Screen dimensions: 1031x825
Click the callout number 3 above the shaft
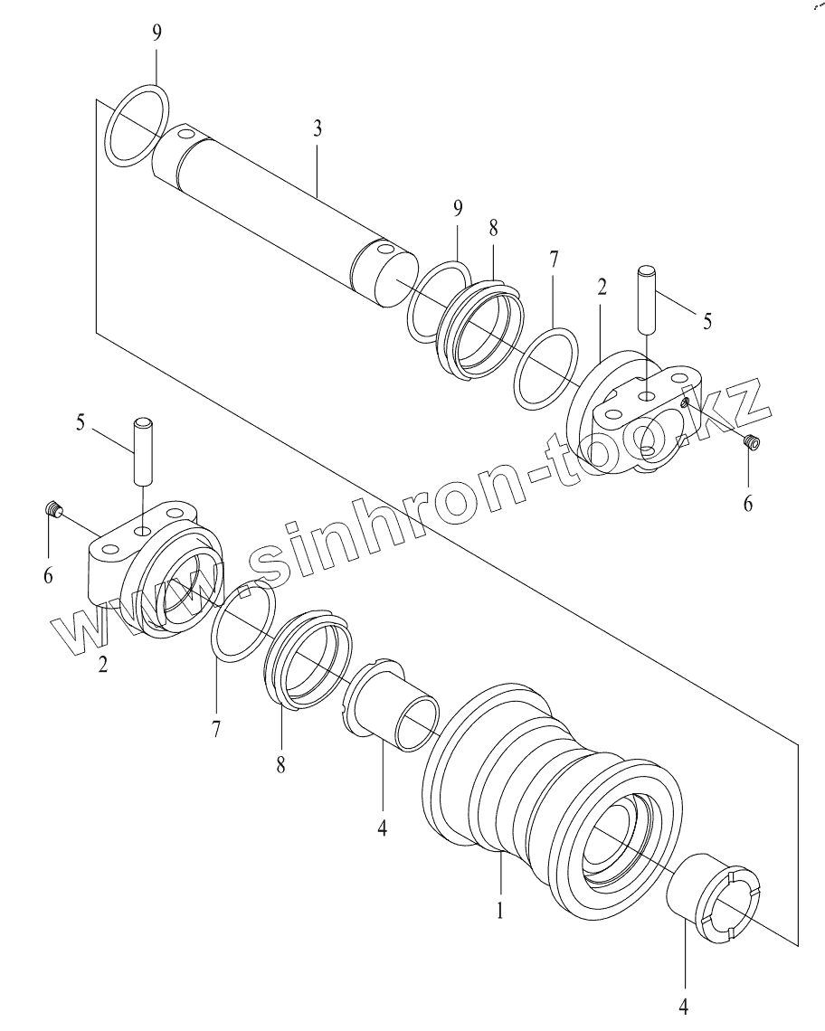click(318, 128)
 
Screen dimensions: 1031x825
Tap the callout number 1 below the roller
click(500, 910)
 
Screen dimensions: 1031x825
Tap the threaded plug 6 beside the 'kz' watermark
click(750, 440)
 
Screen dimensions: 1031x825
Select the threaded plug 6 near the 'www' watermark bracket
click(54, 511)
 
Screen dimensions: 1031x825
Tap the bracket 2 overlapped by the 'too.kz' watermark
click(633, 416)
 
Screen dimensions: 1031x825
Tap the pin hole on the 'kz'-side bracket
click(649, 396)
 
